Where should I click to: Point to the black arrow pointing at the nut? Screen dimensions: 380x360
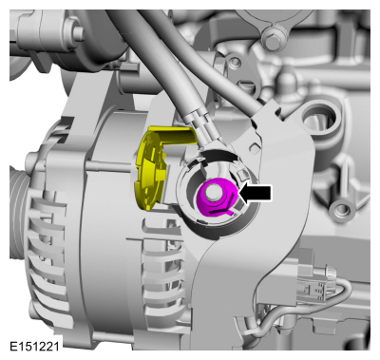coord(255,193)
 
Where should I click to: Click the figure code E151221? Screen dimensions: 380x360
coord(34,347)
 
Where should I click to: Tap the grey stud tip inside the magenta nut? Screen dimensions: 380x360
coord(212,192)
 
